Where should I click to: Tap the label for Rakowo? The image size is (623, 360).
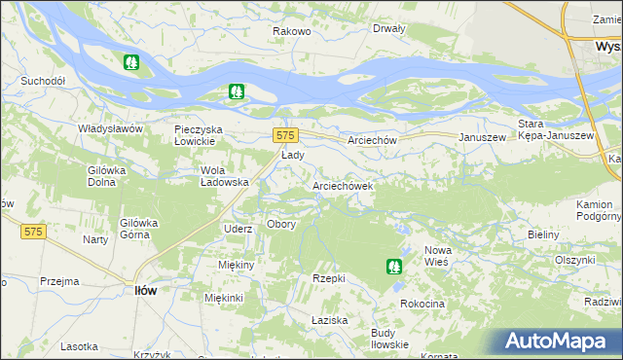[291, 32]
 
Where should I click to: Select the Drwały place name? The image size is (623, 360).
[388, 28]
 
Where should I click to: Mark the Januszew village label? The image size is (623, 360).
[482, 139]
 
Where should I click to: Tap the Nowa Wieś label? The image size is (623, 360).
[437, 256]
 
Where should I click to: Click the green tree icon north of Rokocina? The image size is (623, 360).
[393, 265]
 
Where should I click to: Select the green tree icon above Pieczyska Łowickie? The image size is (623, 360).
[236, 93]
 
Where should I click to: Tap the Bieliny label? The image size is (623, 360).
[542, 234]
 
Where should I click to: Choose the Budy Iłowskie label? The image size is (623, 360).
[389, 338]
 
